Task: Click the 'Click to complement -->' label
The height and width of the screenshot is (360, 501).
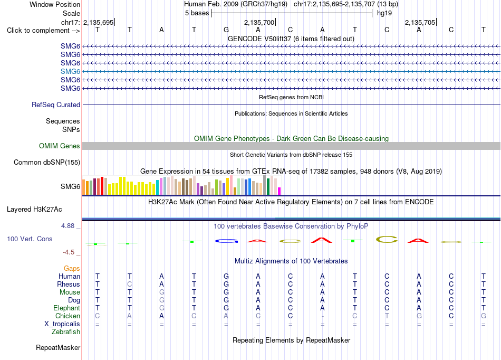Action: pos(43,31)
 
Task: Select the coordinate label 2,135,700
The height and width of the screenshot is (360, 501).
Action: pos(259,22)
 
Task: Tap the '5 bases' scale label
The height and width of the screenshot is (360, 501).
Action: pos(197,13)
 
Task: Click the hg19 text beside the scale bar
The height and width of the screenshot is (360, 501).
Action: pos(384,13)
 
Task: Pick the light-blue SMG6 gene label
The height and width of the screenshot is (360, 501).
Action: pos(70,71)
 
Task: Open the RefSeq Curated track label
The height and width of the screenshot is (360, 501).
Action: pos(56,105)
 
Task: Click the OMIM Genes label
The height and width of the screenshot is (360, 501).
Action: pos(60,146)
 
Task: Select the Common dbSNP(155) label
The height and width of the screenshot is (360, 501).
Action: pos(47,163)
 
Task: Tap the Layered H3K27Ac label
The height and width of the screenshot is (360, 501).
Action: pos(34,210)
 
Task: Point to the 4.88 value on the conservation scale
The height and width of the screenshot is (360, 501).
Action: pos(68,226)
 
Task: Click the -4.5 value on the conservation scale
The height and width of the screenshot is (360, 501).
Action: pos(69,252)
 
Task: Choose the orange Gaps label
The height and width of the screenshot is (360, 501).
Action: pos(72,269)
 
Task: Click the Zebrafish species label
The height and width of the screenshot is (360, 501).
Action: pos(66,332)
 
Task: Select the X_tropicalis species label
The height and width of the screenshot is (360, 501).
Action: pos(62,324)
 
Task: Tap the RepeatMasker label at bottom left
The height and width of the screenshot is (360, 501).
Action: pos(58,347)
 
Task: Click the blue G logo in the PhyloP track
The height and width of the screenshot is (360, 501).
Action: pos(226,241)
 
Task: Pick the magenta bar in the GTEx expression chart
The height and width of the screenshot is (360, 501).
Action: pos(280,191)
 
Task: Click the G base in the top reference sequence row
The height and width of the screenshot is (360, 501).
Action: pos(226,30)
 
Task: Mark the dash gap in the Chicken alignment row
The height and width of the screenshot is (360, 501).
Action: pos(323,316)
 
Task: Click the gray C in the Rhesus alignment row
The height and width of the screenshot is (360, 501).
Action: pos(129,284)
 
